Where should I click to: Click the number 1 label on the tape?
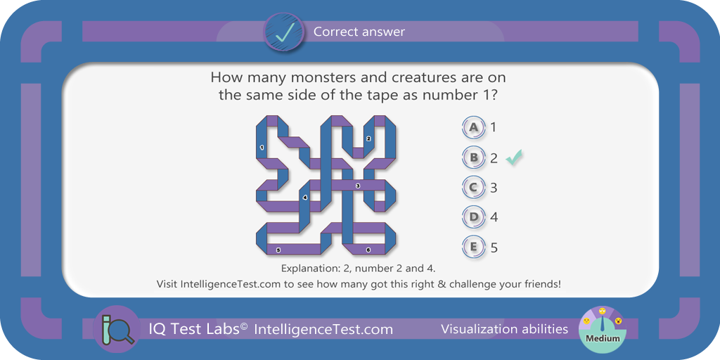point(262,148)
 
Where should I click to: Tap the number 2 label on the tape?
point(368,139)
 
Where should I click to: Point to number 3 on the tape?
point(358,186)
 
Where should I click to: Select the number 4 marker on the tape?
point(305,197)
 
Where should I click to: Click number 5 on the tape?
point(278,250)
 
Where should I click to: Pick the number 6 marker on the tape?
point(368,250)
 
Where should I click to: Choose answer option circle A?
point(474,128)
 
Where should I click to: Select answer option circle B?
point(474,158)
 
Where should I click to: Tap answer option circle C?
point(474,188)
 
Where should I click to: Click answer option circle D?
point(474,217)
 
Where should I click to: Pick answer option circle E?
point(474,247)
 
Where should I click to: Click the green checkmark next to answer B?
point(514,157)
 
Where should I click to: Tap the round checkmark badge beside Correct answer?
point(283,32)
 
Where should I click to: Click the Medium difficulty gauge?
point(603,328)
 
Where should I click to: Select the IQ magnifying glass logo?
point(116,329)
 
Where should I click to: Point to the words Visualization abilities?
point(504,329)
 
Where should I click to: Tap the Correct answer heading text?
point(359,32)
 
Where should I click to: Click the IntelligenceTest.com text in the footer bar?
point(323,329)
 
